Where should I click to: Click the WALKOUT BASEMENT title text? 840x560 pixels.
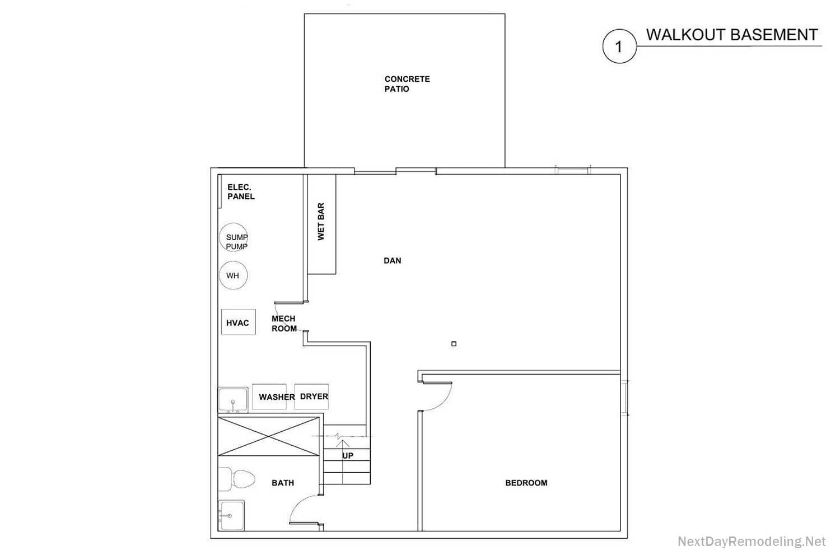(731, 35)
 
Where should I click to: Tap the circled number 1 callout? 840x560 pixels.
(619, 46)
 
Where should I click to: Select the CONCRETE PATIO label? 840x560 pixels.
(407, 84)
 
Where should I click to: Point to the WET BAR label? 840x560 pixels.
(321, 221)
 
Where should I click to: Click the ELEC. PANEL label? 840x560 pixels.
(241, 192)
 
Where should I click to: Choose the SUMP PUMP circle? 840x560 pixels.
(234, 237)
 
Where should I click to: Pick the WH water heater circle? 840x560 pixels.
(234, 276)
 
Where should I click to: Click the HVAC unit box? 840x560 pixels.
(239, 322)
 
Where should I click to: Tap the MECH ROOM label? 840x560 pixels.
(284, 323)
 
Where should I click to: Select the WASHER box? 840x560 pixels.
(269, 396)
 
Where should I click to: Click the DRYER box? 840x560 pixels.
(311, 396)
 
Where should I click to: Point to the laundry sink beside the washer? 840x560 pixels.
(233, 400)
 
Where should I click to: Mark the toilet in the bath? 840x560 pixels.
(237, 479)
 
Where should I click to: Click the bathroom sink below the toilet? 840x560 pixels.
(231, 515)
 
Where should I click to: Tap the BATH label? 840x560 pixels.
(283, 483)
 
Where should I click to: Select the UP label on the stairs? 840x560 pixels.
(348, 456)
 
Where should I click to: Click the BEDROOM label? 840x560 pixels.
(526, 483)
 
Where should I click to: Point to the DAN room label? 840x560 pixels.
(392, 260)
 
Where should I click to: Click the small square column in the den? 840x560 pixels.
(454, 344)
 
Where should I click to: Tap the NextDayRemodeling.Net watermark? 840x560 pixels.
(752, 542)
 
